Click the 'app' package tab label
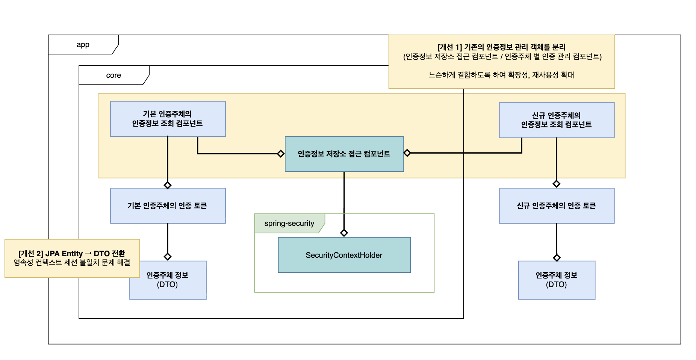pyautogui.click(x=83, y=45)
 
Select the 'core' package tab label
pyautogui.click(x=113, y=76)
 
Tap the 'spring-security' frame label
pyautogui.click(x=289, y=224)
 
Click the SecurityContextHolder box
pyautogui.click(x=344, y=255)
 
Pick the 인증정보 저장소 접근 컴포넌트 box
pyautogui.click(x=344, y=154)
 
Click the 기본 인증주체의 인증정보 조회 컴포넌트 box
pyautogui.click(x=168, y=119)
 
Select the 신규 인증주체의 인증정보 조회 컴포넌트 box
pyautogui.click(x=556, y=120)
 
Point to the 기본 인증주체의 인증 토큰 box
pyautogui.click(x=168, y=206)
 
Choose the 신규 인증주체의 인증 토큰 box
pyautogui.click(x=556, y=206)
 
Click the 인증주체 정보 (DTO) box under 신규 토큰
pyautogui.click(x=556, y=280)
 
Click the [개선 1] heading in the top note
pyautogui.click(x=501, y=47)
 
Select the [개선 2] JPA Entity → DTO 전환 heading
pyautogui.click(x=72, y=254)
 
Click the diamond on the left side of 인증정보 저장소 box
pyautogui.click(x=281, y=154)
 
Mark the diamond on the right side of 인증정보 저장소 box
pyautogui.click(x=407, y=153)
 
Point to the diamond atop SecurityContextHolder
pyautogui.click(x=344, y=233)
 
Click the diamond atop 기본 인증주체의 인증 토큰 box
pyautogui.click(x=168, y=185)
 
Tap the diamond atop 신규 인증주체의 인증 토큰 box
pyautogui.click(x=557, y=184)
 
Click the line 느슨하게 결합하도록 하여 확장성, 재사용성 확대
pyautogui.click(x=501, y=75)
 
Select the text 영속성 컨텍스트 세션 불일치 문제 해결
pyautogui.click(x=72, y=263)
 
